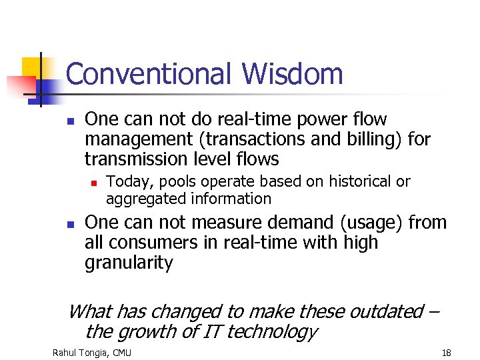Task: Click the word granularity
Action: click(x=128, y=263)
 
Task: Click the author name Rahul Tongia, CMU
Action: click(x=92, y=351)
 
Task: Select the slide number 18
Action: click(x=445, y=351)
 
